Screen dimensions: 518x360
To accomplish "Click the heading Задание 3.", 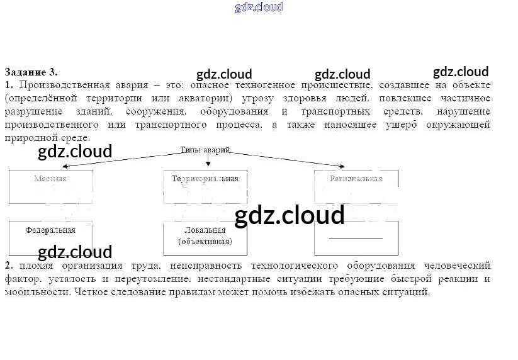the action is point(31,72).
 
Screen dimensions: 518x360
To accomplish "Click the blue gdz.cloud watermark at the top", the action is point(259,7).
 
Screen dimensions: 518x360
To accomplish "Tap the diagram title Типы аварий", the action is point(206,151).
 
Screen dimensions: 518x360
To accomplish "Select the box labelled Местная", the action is point(50,186).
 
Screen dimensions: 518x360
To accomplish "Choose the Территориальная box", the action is point(205,186).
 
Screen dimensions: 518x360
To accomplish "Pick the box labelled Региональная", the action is point(356,186).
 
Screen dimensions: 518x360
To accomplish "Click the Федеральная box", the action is point(50,237).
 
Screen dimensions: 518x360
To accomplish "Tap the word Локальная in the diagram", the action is point(205,230).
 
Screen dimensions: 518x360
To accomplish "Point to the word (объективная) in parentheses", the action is point(205,242).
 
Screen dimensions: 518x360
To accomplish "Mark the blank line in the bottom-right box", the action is point(356,239).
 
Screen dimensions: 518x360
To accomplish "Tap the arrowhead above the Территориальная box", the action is point(208,164).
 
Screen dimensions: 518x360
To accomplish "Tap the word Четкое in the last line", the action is point(91,292).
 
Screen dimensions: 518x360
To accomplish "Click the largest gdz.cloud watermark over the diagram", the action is point(290,216).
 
